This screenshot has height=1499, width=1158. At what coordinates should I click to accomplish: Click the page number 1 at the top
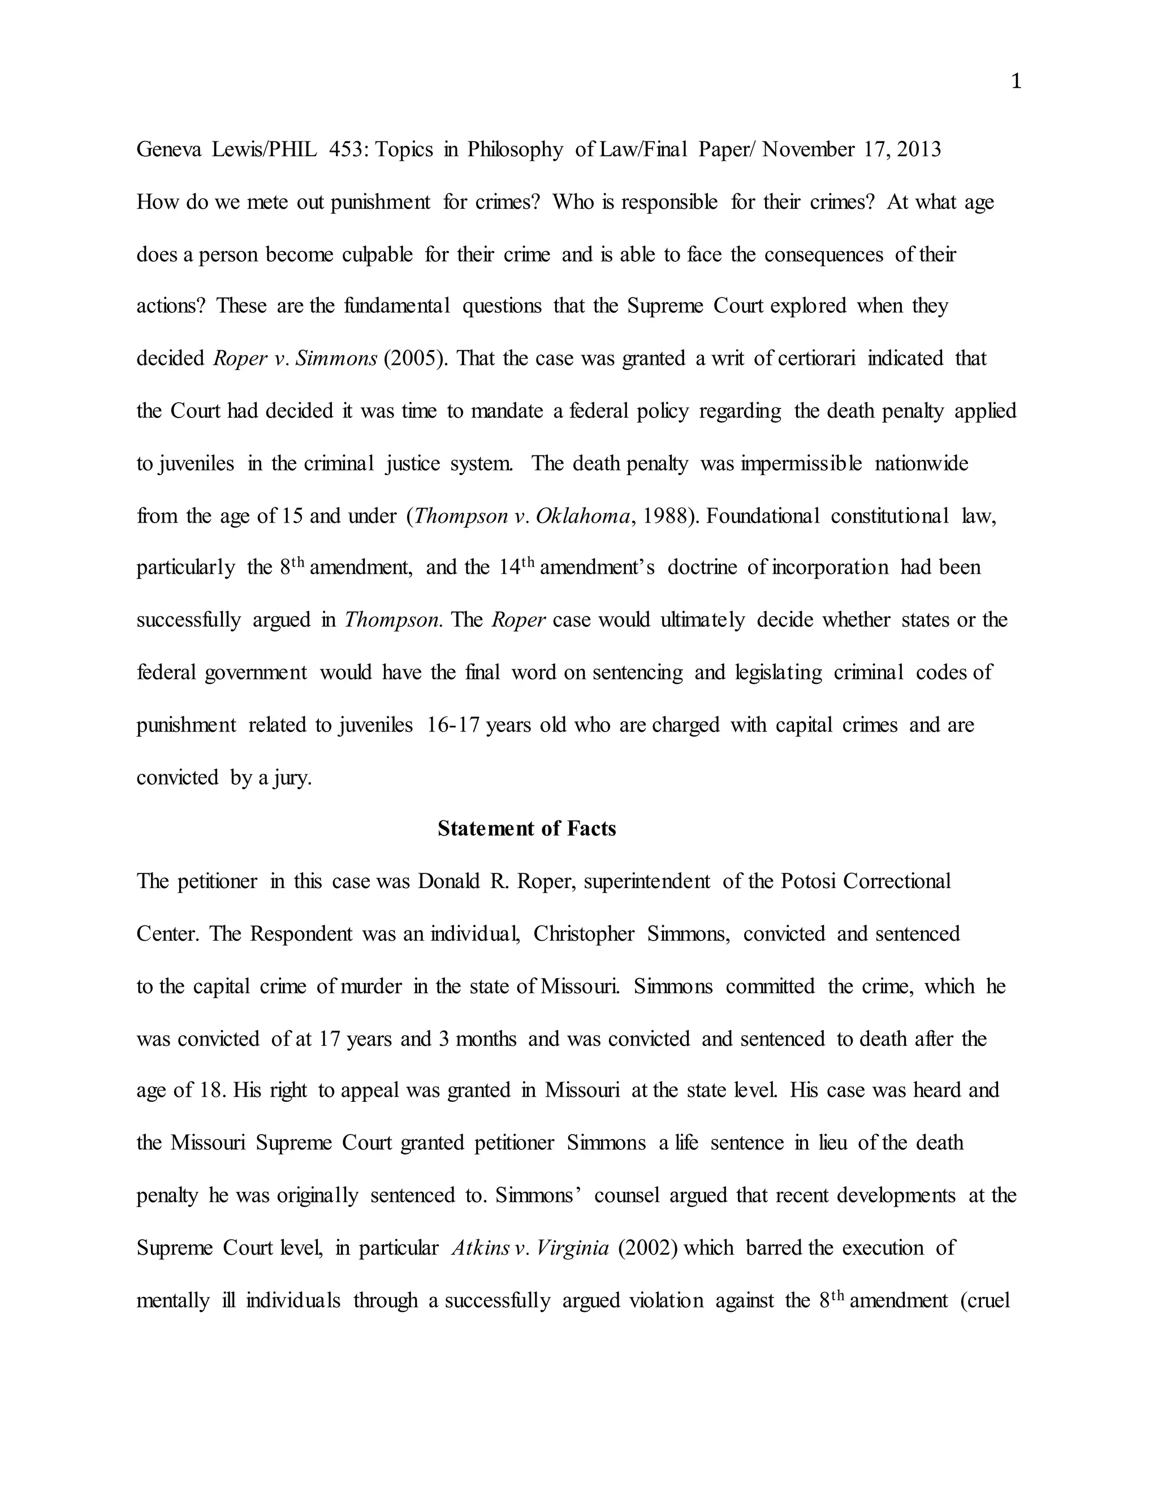point(1016,83)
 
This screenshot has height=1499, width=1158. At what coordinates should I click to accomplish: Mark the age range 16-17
point(452,725)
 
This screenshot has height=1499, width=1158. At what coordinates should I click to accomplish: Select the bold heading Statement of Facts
point(526,829)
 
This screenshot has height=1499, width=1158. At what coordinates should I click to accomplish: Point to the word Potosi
point(808,881)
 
